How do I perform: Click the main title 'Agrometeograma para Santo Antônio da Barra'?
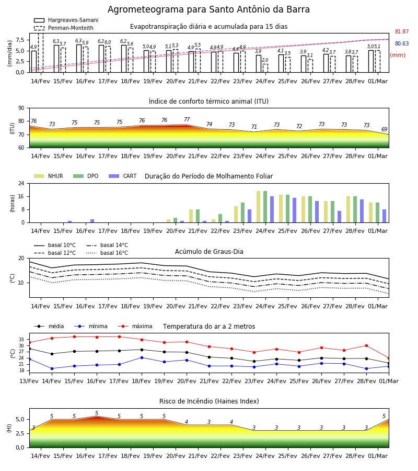[208, 9]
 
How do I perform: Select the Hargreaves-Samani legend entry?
[66, 20]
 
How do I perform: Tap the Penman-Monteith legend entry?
[64, 28]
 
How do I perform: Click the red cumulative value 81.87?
[402, 31]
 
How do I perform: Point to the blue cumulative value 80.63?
[402, 43]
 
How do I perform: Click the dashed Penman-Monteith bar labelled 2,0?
[265, 68]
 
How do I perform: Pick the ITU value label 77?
[187, 119]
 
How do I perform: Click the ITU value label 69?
[384, 129]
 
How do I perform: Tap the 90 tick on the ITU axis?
[21, 108]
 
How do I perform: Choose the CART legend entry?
[123, 176]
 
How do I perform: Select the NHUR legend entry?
[49, 176]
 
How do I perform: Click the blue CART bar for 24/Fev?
[272, 209]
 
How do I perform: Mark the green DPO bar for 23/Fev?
[242, 212]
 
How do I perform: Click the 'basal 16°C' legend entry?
[107, 253]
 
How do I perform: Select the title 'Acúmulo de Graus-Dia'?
[209, 252]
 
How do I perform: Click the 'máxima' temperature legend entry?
[135, 326]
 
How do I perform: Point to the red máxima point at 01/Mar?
[389, 358]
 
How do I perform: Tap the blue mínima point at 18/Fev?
[142, 358]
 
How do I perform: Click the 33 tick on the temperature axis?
[21, 340]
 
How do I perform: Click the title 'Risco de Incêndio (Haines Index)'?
[209, 401]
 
